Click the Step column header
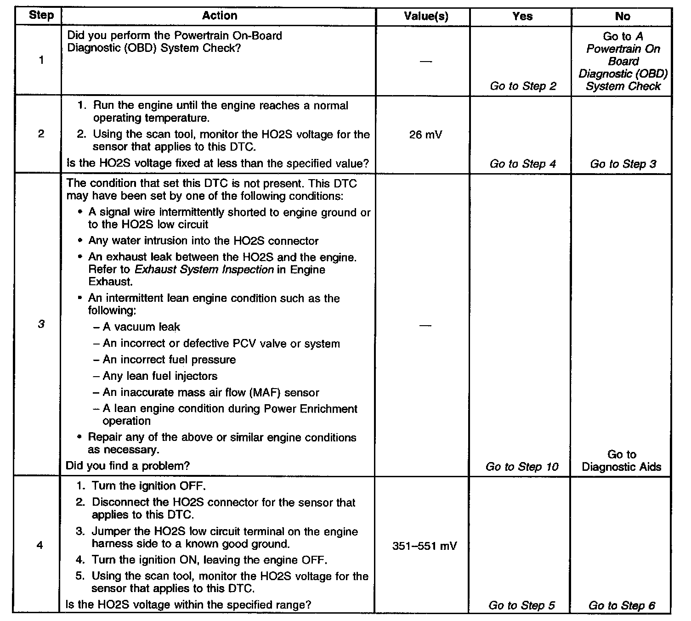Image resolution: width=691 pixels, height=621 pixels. coord(41,16)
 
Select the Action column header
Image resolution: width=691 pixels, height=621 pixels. coord(220,16)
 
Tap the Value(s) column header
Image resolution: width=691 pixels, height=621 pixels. coord(426,17)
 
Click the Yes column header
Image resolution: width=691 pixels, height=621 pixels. coord(522,17)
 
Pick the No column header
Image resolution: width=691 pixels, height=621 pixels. coord(623,17)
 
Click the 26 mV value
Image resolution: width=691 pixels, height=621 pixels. coord(425,135)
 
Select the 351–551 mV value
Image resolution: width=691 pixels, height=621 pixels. coord(425,546)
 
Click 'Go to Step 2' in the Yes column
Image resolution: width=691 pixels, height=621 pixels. coord(523,86)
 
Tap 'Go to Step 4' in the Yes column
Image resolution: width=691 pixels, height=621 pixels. coord(522,164)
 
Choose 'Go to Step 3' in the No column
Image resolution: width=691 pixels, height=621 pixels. coord(623,164)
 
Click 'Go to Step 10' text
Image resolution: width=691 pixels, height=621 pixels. coord(522,467)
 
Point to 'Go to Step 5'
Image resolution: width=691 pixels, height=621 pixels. coord(521,605)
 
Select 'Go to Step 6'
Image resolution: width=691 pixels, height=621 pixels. coord(622,605)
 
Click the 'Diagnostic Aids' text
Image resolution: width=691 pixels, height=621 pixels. coord(621,467)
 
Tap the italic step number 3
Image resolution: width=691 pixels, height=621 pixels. coord(41,324)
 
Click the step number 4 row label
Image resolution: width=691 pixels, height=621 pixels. coord(40,546)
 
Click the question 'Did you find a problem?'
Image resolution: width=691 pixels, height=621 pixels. coord(128,466)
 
